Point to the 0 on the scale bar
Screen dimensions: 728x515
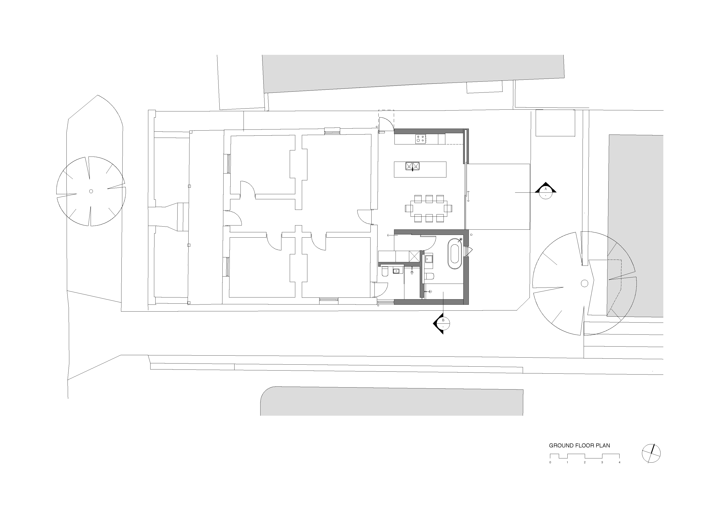(550, 462)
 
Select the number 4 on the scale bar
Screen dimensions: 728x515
(619, 462)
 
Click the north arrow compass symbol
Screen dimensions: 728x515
(651, 453)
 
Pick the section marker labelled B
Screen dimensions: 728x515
(442, 323)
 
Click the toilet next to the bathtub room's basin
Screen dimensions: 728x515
(429, 276)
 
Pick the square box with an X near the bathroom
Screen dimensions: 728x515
(414, 256)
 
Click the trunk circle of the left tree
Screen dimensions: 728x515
(91, 191)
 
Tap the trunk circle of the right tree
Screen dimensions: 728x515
(584, 283)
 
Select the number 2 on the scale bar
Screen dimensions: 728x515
(585, 462)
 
